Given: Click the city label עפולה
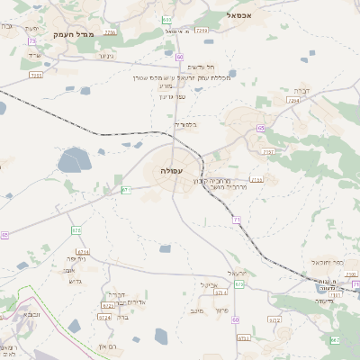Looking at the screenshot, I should pyautogui.click(x=171, y=170).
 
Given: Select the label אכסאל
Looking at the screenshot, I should pyautogui.click(x=244, y=14).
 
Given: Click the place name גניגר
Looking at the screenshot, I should pyautogui.click(x=105, y=57).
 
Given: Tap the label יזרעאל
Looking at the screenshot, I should pyautogui.click(x=237, y=272).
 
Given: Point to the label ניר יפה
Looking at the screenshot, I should pyautogui.click(x=76, y=258).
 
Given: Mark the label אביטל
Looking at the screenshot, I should pyautogui.click(x=210, y=283).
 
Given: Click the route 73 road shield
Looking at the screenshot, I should pyautogui.click(x=32, y=41).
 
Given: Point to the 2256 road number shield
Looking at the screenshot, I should pyautogui.click(x=110, y=32).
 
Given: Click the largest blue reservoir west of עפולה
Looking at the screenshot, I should pyautogui.click(x=72, y=162).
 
